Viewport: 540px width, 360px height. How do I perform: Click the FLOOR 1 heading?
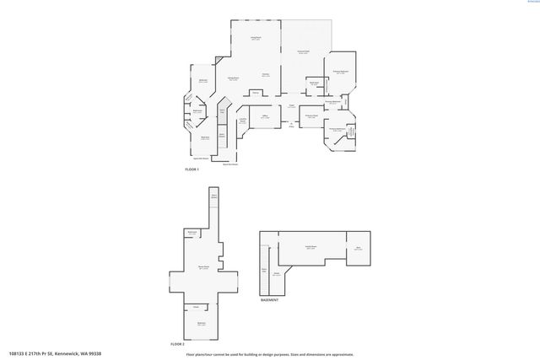tap(192, 169)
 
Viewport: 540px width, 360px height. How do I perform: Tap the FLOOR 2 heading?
tap(176, 344)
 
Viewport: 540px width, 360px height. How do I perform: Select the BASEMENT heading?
tap(269, 299)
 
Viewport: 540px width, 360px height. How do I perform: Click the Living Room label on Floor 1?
tap(255, 39)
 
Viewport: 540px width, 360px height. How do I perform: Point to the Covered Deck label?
tap(303, 53)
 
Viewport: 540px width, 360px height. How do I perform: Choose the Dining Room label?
tap(234, 78)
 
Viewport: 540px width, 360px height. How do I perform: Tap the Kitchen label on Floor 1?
tap(264, 75)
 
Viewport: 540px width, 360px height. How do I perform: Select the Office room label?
tap(264, 116)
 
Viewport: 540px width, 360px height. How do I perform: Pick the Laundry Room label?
tap(243, 121)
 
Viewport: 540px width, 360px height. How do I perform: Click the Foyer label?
tap(290, 106)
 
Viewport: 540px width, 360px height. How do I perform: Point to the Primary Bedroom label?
tap(340, 73)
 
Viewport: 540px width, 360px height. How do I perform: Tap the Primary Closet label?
tap(310, 116)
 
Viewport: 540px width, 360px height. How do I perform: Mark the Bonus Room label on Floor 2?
tap(203, 267)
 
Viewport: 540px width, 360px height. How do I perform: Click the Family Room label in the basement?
tap(310, 247)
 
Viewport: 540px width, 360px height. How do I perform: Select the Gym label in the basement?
tap(358, 248)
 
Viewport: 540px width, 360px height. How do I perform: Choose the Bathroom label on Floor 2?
tap(192, 232)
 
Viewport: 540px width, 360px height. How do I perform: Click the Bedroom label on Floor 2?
tap(202, 323)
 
